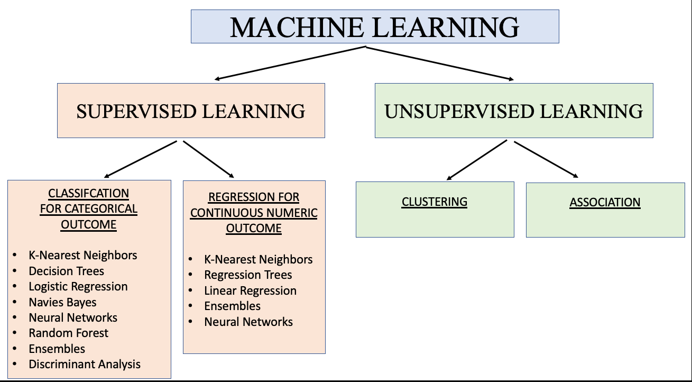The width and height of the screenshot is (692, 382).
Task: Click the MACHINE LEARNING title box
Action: click(x=374, y=26)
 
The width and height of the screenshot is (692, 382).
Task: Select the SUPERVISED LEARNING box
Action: click(x=191, y=111)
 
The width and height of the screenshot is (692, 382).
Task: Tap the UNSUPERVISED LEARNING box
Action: click(x=514, y=111)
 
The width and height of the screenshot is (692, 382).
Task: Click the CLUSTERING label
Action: click(x=435, y=202)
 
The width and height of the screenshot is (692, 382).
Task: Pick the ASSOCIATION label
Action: click(x=605, y=202)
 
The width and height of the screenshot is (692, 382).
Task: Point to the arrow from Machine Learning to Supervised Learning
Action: click(x=290, y=63)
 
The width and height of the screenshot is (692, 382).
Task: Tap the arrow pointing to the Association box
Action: click(x=546, y=159)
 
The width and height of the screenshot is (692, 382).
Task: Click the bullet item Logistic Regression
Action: click(x=78, y=286)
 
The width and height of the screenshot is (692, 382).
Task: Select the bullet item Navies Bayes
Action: click(x=62, y=302)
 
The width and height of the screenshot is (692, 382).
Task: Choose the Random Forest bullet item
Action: click(x=68, y=333)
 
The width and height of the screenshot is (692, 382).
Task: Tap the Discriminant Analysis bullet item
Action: click(x=85, y=364)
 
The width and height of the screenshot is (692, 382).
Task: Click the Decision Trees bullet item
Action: click(x=66, y=271)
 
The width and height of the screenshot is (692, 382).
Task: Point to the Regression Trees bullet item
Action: click(x=248, y=275)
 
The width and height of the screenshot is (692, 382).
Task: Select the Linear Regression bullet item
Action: click(x=250, y=290)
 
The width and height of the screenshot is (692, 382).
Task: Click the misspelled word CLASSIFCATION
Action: click(x=89, y=193)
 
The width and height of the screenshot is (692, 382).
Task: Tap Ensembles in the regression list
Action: click(x=232, y=306)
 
